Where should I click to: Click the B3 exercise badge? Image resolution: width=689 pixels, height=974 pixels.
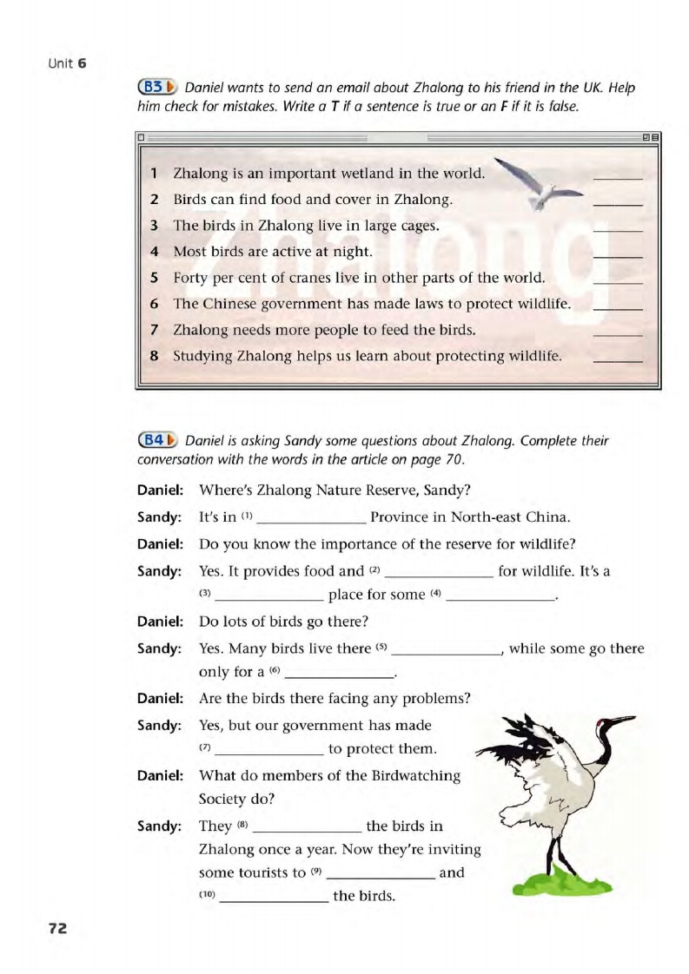click(158, 88)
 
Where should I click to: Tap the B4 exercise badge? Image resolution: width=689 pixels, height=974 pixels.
click(158, 440)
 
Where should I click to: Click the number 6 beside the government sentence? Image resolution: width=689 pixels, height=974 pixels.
click(154, 304)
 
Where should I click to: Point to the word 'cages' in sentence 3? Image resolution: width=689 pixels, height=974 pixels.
click(415, 226)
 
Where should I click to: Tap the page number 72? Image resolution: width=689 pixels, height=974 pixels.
click(57, 928)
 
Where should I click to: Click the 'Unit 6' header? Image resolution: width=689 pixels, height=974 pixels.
click(67, 63)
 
